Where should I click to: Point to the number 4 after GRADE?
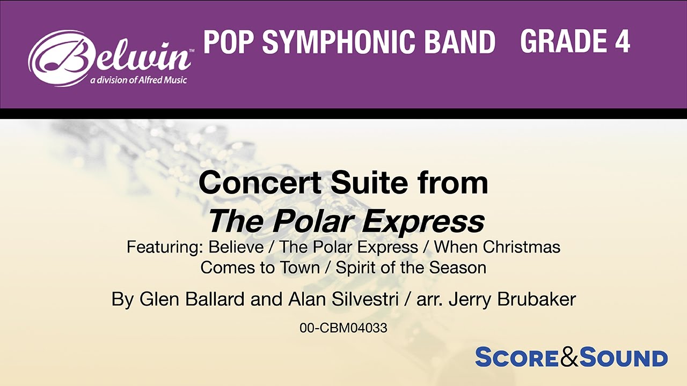622,42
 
